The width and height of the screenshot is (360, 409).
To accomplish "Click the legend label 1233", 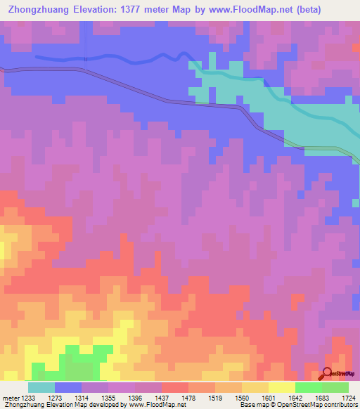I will pyautogui.click(x=28, y=397).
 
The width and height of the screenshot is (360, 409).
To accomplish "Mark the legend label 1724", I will pyautogui.click(x=347, y=397).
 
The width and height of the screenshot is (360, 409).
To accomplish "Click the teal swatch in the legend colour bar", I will pyautogui.click(x=41, y=387).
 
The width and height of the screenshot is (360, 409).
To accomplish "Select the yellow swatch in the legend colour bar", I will pyautogui.click(x=282, y=387).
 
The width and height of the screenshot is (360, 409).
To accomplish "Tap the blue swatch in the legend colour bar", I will pyautogui.click(x=68, y=387).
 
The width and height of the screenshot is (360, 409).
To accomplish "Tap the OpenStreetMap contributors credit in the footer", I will pyautogui.click(x=323, y=405).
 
